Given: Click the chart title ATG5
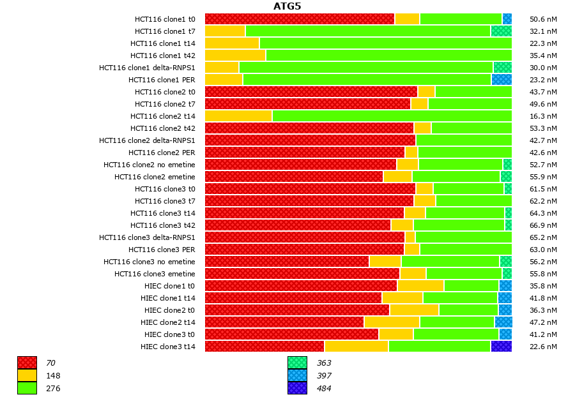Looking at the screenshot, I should tap(287, 6).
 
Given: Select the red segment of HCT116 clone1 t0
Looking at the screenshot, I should tap(300, 19).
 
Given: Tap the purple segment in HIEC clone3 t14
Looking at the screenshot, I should tap(501, 347).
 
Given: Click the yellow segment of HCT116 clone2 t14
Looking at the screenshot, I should tap(238, 116).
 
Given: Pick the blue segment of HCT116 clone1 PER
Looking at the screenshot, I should tap(502, 80).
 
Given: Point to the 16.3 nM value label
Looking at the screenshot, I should tap(543, 116).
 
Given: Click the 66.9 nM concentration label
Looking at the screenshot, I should tap(543, 225).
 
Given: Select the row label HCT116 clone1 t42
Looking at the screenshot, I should tap(163, 56).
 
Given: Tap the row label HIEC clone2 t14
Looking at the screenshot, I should tap(168, 322).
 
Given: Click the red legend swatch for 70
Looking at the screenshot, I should tap(27, 363).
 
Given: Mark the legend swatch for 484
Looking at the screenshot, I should tap(297, 388).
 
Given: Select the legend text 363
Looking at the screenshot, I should tap(324, 363).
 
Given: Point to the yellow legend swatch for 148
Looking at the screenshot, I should tap(27, 376).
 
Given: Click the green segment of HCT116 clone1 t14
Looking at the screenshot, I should tap(385, 43).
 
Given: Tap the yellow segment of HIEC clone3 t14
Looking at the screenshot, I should tap(356, 347).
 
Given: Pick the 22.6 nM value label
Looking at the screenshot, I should tap(543, 347).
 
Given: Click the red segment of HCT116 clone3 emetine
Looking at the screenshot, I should tap(302, 274).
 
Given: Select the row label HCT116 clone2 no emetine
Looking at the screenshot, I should tap(149, 165).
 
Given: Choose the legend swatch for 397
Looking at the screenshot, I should tap(297, 376).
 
